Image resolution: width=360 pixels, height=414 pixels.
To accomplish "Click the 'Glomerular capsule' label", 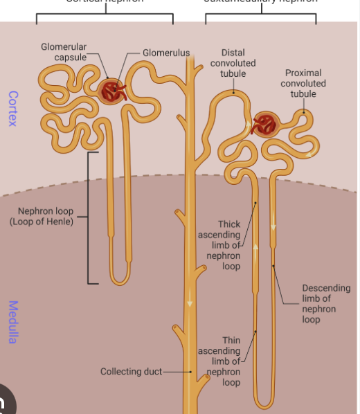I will pyautogui.click(x=63, y=51).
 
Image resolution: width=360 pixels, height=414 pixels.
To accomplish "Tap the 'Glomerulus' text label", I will pyautogui.click(x=165, y=53).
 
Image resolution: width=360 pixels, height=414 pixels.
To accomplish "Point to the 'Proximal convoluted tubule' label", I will pyautogui.click(x=303, y=83).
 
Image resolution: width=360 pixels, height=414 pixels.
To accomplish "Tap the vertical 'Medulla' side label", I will pyautogui.click(x=12, y=321).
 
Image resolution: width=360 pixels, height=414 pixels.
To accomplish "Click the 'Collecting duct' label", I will pyautogui.click(x=131, y=372).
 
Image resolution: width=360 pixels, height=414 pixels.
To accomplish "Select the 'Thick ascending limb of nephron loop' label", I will pyautogui.click(x=221, y=245).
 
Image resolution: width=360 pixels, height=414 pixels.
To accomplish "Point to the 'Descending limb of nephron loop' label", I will pyautogui.click(x=325, y=304).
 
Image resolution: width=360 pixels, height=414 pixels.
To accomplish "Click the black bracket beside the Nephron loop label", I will pyautogui.click(x=89, y=217).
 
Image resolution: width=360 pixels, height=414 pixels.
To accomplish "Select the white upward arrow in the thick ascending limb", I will pyautogui.click(x=255, y=248).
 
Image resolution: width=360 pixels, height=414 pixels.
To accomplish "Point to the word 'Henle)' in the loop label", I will pyautogui.click(x=61, y=222).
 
